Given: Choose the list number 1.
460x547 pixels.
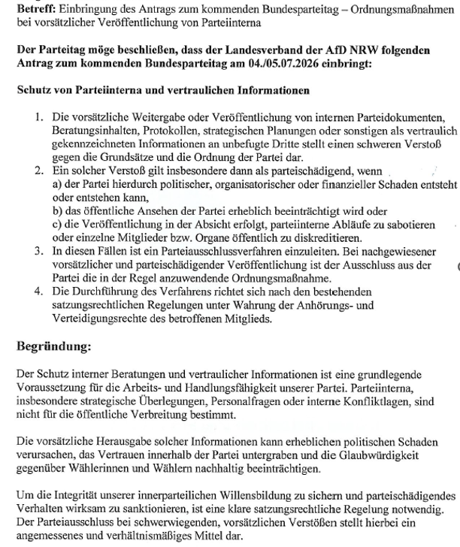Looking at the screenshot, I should point(40,120).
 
